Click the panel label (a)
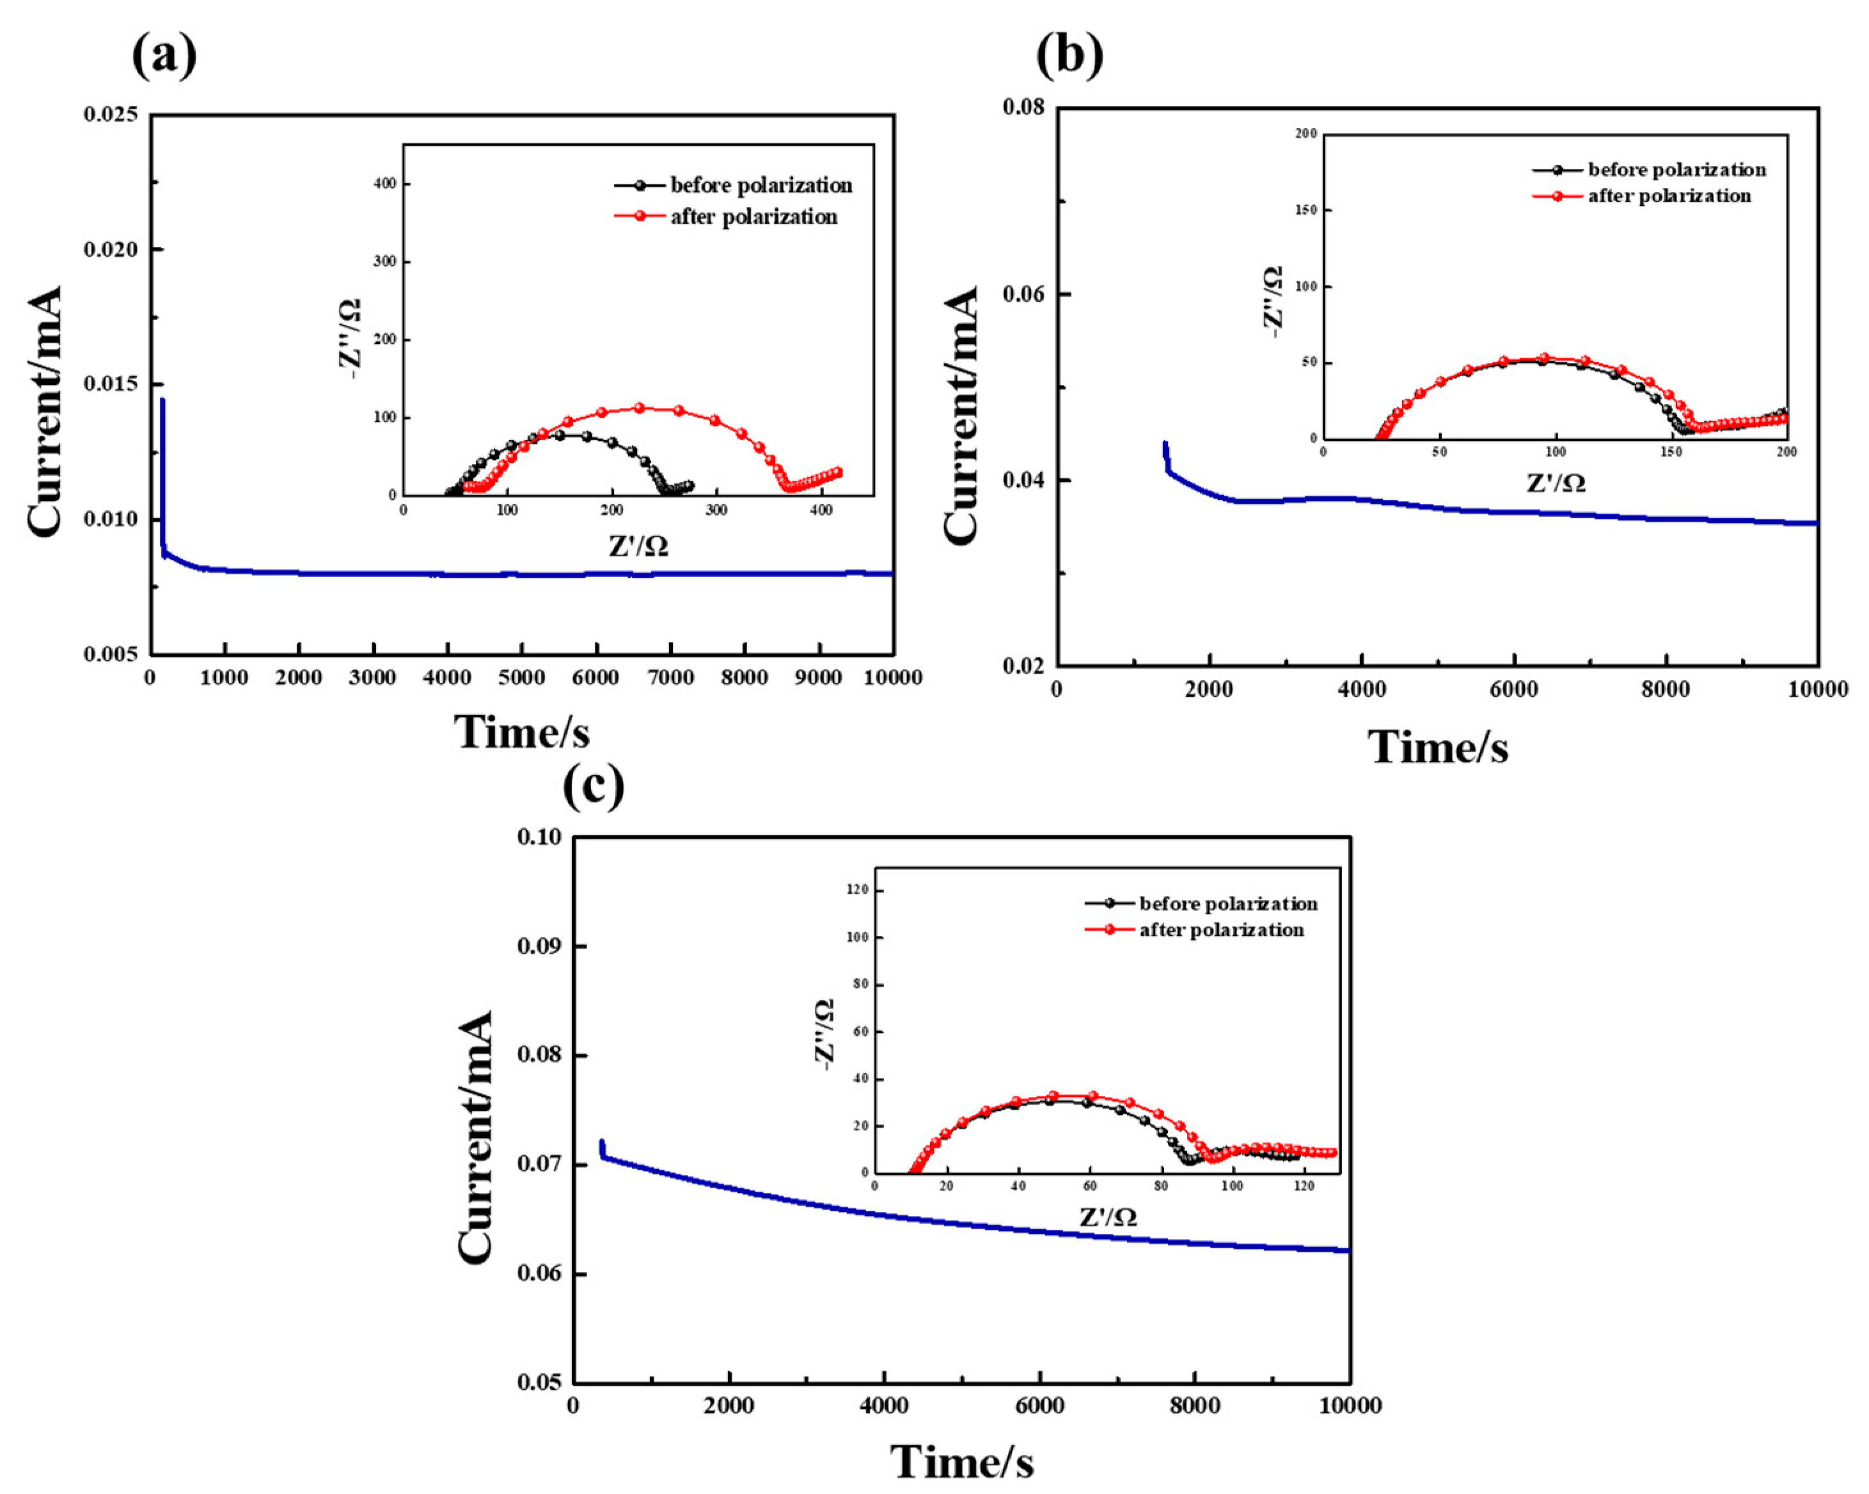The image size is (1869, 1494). tap(164, 57)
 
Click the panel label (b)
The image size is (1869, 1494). tap(1069, 57)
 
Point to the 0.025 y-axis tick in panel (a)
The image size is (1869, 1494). tap(111, 114)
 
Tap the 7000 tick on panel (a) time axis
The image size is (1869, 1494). tap(670, 678)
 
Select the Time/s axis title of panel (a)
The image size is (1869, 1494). tap(522, 732)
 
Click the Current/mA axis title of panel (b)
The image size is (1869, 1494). tap(961, 416)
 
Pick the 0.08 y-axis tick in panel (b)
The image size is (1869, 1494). tap(1024, 107)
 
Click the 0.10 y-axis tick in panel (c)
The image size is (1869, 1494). tap(539, 837)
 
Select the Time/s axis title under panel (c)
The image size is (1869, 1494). tap(962, 1463)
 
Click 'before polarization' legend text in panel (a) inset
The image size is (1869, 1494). tap(761, 185)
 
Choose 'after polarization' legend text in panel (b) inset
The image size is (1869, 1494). tap(1669, 196)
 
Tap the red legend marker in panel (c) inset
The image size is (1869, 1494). tap(1110, 930)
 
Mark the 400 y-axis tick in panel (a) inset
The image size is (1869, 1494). tap(386, 183)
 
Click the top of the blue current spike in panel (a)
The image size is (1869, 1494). tap(162, 400)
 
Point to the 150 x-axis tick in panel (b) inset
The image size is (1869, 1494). tap(1672, 451)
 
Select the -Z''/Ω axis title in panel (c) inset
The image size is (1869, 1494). tap(824, 1034)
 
